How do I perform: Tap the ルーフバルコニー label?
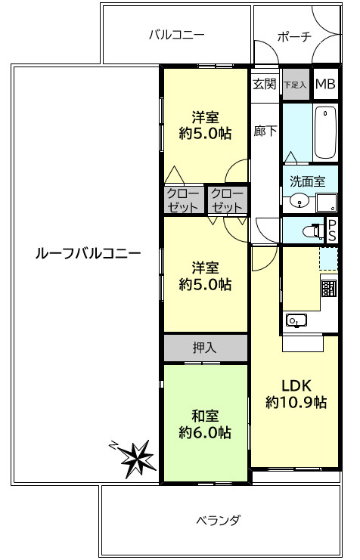click(x=88, y=253)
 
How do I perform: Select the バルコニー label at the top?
click(x=177, y=35)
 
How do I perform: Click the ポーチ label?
click(x=294, y=36)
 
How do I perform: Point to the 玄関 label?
click(x=265, y=84)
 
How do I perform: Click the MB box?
click(x=326, y=84)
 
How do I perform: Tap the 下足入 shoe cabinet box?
click(x=295, y=84)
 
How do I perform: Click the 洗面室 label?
click(x=309, y=181)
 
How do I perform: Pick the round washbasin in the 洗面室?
click(x=299, y=201)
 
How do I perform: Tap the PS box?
click(x=331, y=230)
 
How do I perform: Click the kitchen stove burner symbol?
click(x=328, y=289)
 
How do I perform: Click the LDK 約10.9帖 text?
click(x=296, y=393)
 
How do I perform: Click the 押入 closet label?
click(x=204, y=348)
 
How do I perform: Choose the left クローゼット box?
click(x=182, y=200)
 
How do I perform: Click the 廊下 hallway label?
click(x=265, y=130)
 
